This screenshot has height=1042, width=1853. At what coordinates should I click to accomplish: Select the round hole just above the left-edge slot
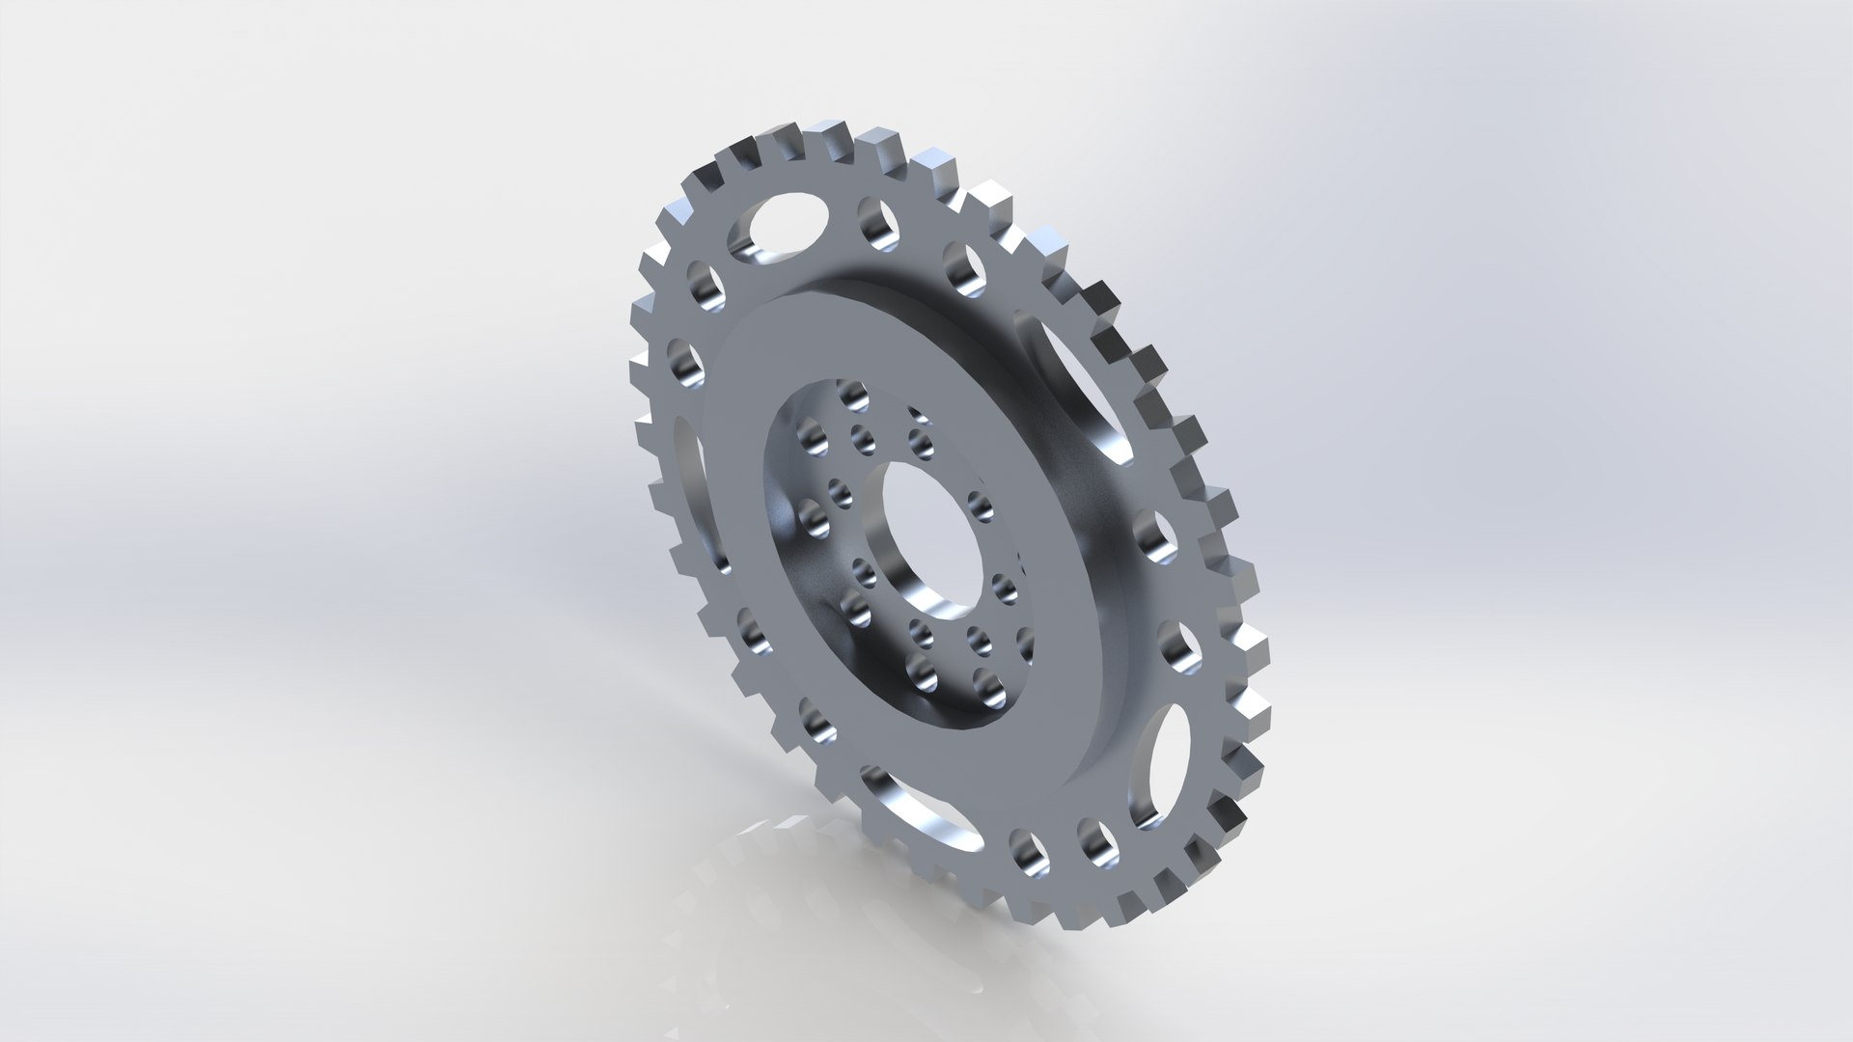coord(681,361)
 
